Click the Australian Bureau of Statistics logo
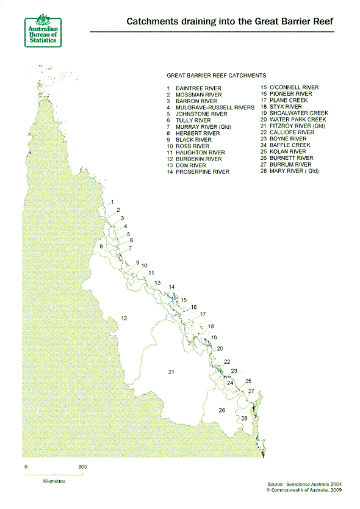click(x=41, y=29)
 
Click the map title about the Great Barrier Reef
click(x=230, y=21)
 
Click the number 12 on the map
click(x=123, y=318)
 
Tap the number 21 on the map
click(x=171, y=371)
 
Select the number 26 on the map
click(x=222, y=410)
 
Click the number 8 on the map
click(x=101, y=246)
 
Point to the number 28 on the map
click(x=244, y=418)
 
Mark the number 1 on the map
click(x=113, y=201)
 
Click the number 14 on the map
click(x=171, y=287)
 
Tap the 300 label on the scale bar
click(x=82, y=467)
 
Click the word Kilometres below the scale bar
click(x=54, y=481)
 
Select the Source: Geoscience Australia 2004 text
click(x=302, y=483)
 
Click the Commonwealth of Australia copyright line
click(x=302, y=489)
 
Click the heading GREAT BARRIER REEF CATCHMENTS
click(x=216, y=75)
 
